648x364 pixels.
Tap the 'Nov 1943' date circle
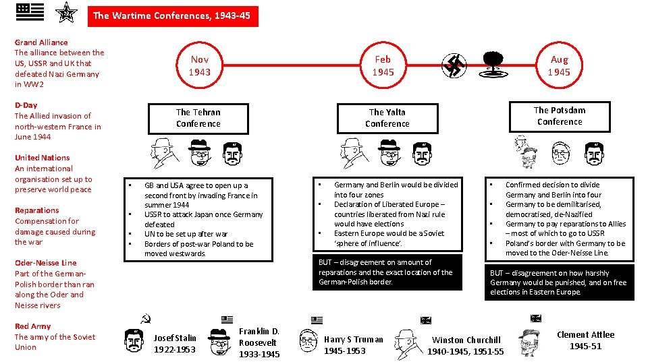point(199,65)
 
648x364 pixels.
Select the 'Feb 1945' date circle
point(383,65)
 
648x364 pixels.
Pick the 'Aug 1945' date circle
point(559,65)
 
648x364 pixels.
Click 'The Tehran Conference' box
point(198,118)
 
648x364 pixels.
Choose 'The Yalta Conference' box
point(387,118)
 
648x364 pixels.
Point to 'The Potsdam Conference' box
point(559,116)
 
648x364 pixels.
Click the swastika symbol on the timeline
point(454,65)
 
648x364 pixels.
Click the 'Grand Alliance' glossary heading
point(41,42)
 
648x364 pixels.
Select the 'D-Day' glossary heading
point(26,105)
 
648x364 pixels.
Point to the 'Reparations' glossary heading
point(36,210)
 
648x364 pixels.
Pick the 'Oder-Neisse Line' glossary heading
point(45,263)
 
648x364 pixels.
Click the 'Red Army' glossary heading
point(32,326)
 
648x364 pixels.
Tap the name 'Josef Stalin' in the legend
point(175,338)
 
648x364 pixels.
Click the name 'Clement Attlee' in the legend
point(585,334)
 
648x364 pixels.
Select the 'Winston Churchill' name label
point(466,340)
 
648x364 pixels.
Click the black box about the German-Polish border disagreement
point(387,272)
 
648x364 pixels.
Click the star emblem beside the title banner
point(67,13)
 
